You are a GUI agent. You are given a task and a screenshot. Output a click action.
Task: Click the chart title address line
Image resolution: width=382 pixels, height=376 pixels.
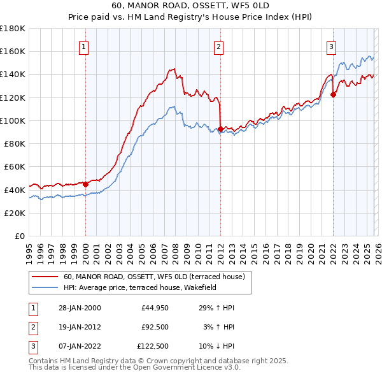tap(191, 6)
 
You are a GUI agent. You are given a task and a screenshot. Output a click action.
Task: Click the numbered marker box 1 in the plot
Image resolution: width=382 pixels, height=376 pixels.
tap(85, 46)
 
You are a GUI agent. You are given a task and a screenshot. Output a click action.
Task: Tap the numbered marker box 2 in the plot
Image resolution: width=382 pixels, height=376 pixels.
tap(218, 46)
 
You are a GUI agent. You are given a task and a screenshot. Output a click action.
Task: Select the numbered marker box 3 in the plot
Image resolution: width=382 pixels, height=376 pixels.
tap(332, 46)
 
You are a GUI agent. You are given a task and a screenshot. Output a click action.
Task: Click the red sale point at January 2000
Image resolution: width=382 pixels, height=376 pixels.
tap(86, 184)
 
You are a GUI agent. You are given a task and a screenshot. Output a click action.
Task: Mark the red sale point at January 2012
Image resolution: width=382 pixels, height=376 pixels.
tap(220, 129)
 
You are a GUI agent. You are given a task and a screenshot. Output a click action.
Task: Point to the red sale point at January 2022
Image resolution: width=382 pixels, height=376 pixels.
tap(333, 94)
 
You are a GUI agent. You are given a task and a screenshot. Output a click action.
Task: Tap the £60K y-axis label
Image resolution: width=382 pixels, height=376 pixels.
tap(15, 166)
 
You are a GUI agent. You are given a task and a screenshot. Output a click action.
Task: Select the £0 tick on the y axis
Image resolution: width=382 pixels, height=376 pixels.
tap(20, 236)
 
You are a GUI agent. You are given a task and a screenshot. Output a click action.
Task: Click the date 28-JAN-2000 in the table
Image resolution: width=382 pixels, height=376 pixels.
tap(78, 308)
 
